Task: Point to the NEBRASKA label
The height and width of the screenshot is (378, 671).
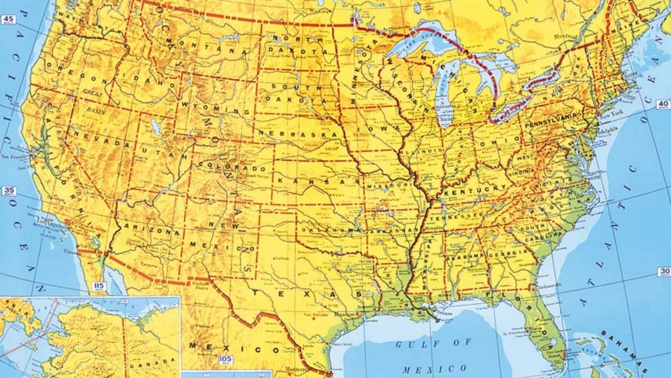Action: tap(299, 133)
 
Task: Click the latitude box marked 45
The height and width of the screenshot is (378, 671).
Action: tap(9, 19)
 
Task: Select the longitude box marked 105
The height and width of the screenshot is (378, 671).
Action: tap(226, 359)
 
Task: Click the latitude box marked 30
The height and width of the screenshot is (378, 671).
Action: tap(665, 272)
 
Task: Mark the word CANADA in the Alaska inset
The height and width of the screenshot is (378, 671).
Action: tap(152, 364)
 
